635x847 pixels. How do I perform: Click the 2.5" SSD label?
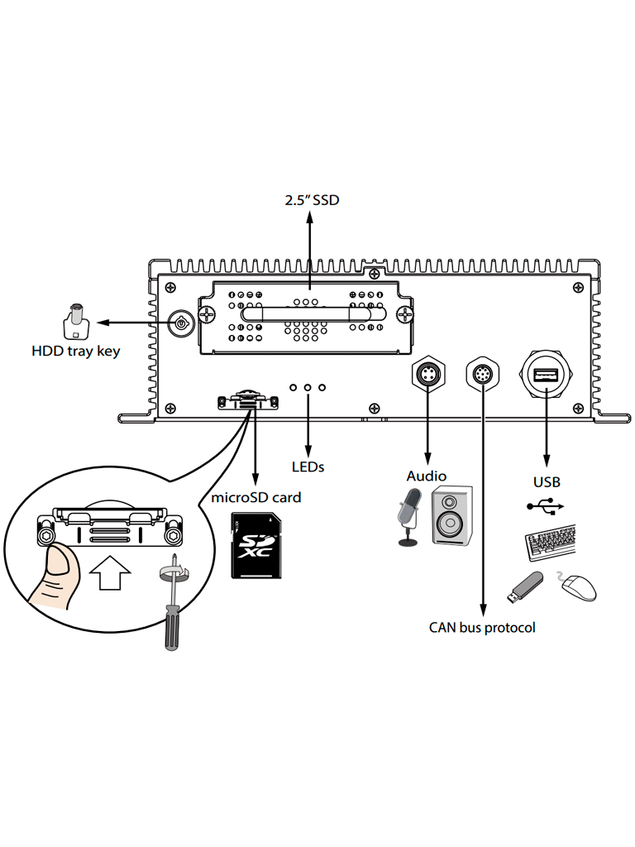pos(311,200)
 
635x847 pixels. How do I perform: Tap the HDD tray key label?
pos(76,351)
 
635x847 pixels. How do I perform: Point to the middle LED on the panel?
pos(308,387)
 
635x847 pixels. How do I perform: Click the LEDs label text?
pos(308,467)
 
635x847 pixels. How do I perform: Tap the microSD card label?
pos(256,498)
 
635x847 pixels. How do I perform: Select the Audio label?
pos(427,476)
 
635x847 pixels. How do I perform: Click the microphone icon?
pos(409,516)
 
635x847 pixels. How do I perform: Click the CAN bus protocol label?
pos(482,628)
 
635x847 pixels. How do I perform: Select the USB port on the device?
pos(546,377)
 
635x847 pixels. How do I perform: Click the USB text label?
pos(546,481)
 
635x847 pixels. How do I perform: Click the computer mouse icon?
pos(579,586)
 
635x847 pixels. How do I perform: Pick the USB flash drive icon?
pos(523,586)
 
